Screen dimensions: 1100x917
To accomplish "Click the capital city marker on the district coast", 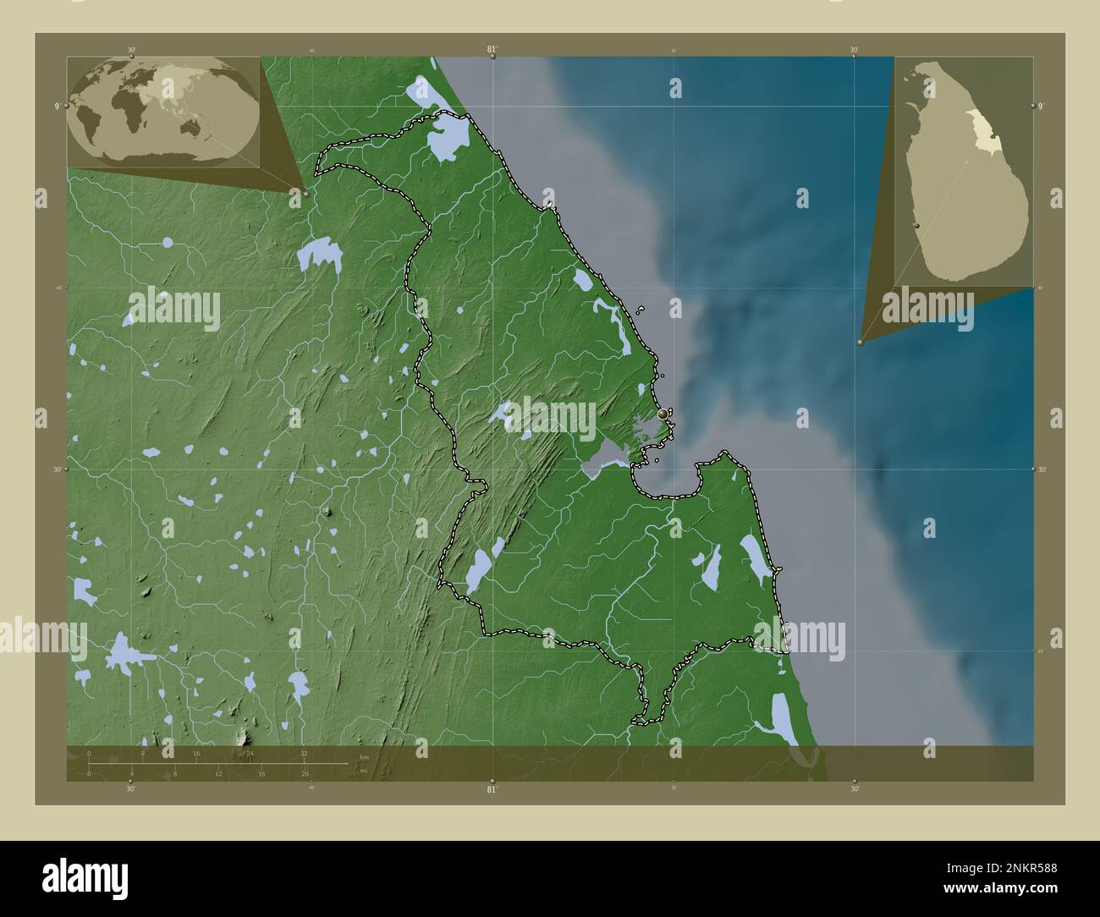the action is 663,414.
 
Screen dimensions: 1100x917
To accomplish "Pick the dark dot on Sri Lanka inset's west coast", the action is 917,226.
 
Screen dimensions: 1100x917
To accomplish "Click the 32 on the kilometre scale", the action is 304,753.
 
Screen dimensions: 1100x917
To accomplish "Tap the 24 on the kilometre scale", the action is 250,753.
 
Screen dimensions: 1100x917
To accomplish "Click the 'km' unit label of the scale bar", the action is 364,756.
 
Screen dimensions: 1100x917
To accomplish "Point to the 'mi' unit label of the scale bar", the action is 363,771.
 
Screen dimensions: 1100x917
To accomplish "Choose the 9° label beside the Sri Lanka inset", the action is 1042,106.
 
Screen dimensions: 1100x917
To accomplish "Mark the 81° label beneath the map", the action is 492,789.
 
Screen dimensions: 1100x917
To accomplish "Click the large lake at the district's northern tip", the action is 447,136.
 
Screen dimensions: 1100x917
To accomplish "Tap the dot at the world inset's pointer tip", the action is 305,194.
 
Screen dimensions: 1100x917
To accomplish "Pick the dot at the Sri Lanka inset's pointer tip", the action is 861,343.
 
